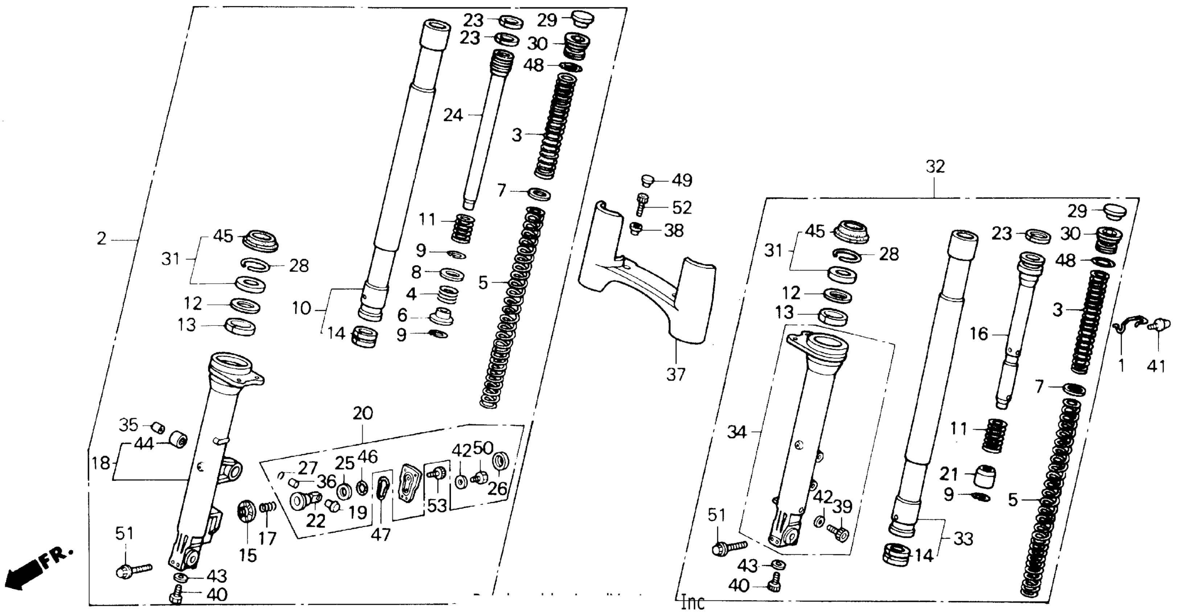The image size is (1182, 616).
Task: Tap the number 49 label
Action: tap(681, 180)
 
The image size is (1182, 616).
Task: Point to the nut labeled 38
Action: tap(636, 228)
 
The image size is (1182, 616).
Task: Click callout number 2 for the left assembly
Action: tap(102, 239)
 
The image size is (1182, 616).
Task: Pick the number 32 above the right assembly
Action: tap(935, 167)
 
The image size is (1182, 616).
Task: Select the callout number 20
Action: tap(362, 413)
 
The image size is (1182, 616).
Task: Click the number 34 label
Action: tap(737, 432)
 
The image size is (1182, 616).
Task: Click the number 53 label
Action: tap(436, 505)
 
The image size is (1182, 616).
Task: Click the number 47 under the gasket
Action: tap(380, 534)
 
